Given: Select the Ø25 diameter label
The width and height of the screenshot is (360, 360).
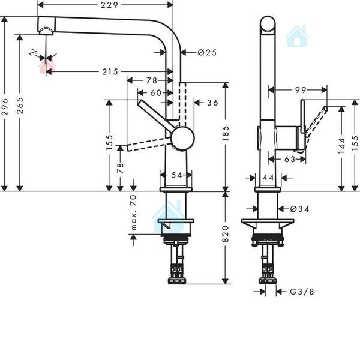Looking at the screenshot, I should [x=206, y=53].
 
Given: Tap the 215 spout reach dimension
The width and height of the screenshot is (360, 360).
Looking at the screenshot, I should [x=109, y=72].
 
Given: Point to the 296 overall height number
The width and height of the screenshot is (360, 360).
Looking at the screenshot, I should [x=5, y=111].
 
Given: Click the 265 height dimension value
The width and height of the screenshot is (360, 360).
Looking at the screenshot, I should [x=21, y=111].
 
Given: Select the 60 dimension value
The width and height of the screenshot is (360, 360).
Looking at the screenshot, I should [x=155, y=93].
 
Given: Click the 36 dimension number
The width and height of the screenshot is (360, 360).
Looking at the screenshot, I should [x=212, y=103].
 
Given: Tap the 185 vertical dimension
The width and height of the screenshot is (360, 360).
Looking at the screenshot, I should [x=226, y=137].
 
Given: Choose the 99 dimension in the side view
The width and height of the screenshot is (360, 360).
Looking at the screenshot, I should [x=300, y=90].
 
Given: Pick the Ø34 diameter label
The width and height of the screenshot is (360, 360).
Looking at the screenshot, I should [x=300, y=209].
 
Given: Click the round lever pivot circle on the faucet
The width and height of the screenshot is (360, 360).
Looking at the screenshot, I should [x=183, y=138].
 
